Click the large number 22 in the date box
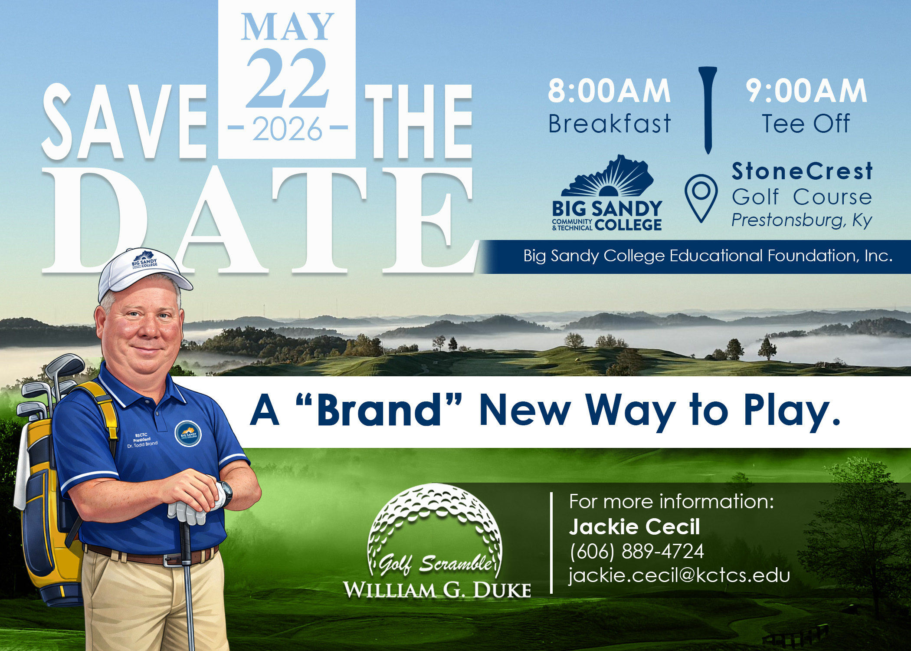287,79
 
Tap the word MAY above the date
287,27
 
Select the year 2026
287,129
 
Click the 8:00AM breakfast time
609,91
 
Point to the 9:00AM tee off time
806,91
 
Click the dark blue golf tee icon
708,108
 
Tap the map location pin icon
701,197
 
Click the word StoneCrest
802,171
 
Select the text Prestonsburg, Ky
802,220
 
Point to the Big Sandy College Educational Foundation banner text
708,256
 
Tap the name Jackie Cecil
634,527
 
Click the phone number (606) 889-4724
636,551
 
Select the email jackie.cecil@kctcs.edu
679,575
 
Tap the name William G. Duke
437,590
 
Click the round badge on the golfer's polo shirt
188,434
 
